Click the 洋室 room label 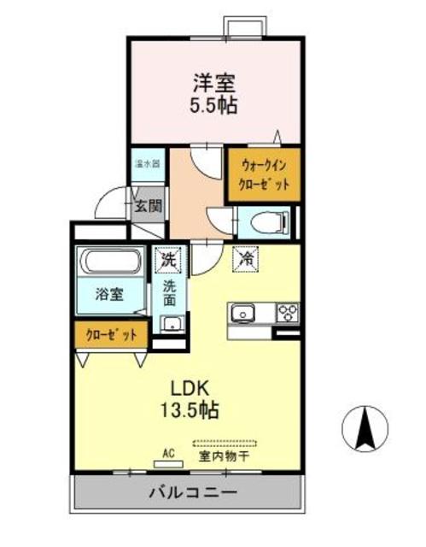[x=213, y=84]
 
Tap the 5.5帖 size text [x=213, y=106]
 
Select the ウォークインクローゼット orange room [x=265, y=175]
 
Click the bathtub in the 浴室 [x=112, y=262]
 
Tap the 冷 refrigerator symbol [x=245, y=256]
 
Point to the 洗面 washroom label [x=170, y=294]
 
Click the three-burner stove [x=287, y=313]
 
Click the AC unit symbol [x=168, y=463]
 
